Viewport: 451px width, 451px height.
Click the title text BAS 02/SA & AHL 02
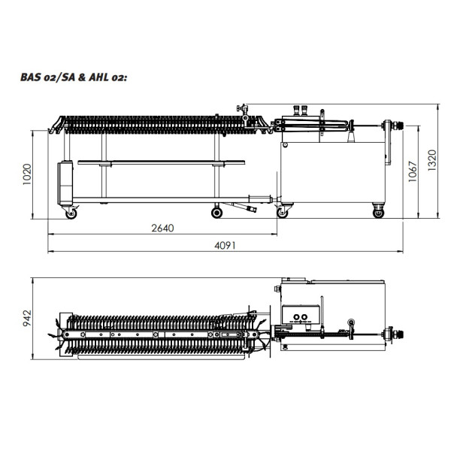click(74, 77)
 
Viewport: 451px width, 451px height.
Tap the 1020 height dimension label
click(27, 174)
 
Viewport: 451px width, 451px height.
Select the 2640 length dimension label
click(162, 228)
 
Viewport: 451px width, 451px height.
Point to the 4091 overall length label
click(225, 246)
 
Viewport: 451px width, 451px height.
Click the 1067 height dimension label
click(413, 171)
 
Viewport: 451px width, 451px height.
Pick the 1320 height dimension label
click(432, 161)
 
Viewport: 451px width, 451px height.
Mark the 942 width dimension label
click(27, 318)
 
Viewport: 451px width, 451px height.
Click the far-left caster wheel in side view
click(71, 213)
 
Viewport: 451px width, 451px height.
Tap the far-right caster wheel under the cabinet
click(378, 213)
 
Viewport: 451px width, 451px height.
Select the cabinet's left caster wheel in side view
click(282, 213)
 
